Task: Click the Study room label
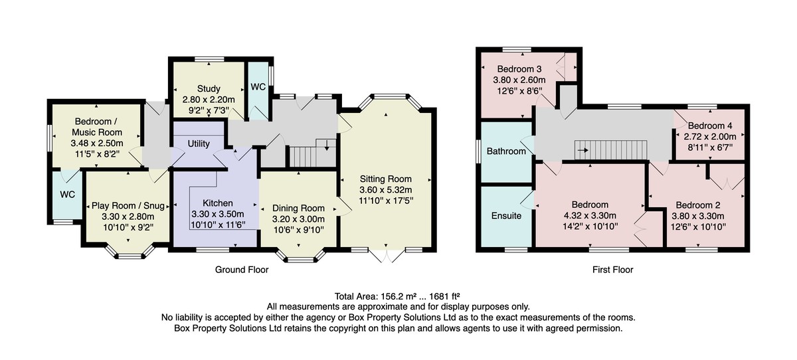(209, 88)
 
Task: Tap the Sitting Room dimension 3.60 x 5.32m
(386, 190)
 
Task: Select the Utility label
(199, 143)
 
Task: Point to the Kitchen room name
(218, 203)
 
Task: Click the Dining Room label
(298, 208)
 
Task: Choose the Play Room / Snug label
(128, 206)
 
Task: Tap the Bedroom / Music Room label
(97, 127)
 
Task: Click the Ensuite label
(506, 216)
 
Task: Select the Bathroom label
(506, 151)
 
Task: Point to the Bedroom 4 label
(710, 126)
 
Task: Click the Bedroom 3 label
(519, 68)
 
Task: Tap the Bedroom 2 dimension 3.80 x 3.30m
(698, 216)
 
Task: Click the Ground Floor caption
(242, 270)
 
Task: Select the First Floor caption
(612, 270)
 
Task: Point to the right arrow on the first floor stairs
(583, 150)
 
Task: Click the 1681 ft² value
(445, 296)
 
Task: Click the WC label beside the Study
(258, 87)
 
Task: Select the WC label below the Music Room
(68, 194)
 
